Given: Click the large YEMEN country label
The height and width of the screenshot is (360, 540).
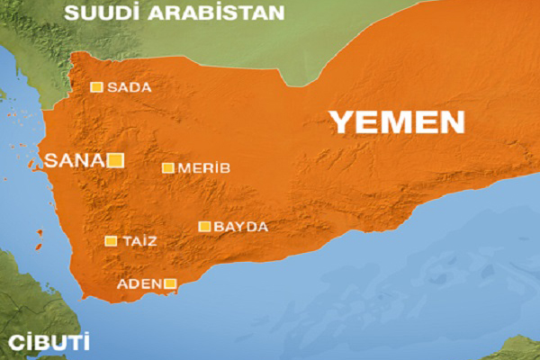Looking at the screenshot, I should (x=396, y=122).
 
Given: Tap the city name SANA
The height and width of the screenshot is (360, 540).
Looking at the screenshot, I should (x=75, y=161).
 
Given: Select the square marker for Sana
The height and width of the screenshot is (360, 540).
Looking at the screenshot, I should (x=115, y=161).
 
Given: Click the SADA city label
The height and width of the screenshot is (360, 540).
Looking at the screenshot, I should (x=129, y=88).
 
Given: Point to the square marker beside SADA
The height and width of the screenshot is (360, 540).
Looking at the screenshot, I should (x=96, y=87).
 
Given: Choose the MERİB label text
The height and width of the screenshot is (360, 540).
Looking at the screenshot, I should (x=204, y=168).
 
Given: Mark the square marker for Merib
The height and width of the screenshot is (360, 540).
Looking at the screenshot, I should (x=167, y=167).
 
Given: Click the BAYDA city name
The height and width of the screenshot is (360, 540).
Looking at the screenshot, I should (x=241, y=227).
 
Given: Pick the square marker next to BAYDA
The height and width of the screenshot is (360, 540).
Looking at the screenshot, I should (x=205, y=227).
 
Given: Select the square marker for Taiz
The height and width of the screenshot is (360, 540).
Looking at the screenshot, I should (x=111, y=241).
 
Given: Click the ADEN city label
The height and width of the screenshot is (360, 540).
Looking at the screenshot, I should (x=139, y=284).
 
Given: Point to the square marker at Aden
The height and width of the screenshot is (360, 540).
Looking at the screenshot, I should (x=169, y=284).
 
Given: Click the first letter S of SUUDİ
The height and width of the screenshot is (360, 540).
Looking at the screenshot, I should (x=72, y=13).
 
